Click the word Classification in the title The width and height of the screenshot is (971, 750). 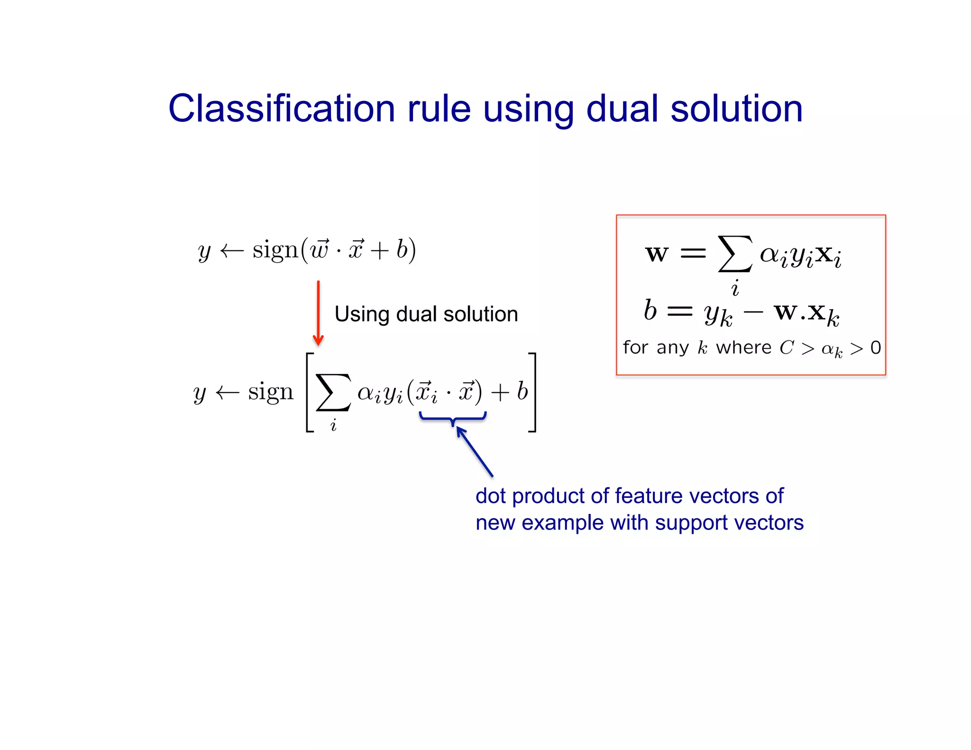click(282, 109)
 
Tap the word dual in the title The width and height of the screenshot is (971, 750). click(622, 109)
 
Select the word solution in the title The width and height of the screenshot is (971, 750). click(736, 109)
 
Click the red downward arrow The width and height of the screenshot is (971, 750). click(318, 313)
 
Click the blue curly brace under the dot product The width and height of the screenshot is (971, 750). click(453, 418)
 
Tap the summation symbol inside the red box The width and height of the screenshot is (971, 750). click(734, 254)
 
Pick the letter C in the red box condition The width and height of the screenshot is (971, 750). click(787, 348)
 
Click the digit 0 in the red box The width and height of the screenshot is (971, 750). click(875, 348)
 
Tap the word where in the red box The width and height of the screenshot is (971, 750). click(743, 348)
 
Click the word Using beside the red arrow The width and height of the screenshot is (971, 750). click(362, 314)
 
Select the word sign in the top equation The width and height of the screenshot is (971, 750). click(275, 250)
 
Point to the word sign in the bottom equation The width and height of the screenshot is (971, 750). click(271, 392)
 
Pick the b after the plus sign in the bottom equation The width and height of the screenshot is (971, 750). click(522, 392)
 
